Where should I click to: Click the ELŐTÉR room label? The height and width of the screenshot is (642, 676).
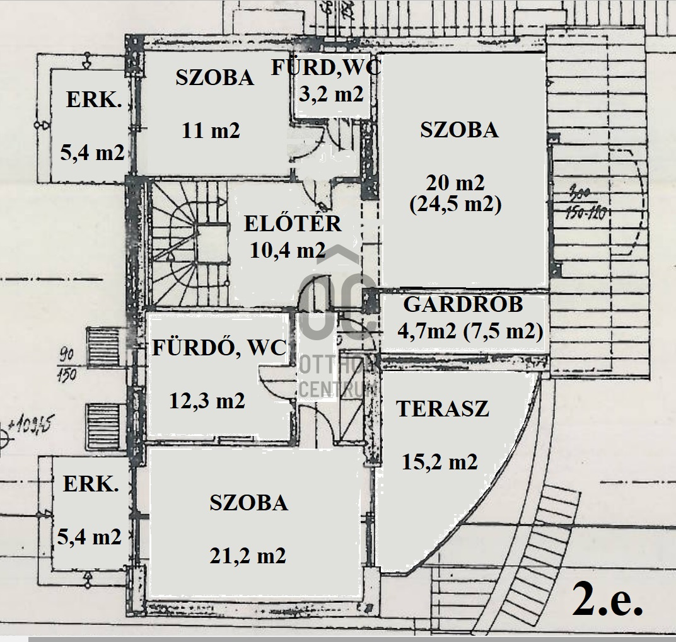(293, 224)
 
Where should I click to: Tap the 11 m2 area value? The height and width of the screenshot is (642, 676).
(211, 131)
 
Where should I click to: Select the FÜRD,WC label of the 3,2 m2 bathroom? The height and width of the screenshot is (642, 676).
(326, 67)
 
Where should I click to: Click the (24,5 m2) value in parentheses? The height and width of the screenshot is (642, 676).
(455, 205)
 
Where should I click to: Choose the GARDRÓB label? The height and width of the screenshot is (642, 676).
(463, 304)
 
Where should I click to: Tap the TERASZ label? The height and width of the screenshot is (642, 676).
(443, 409)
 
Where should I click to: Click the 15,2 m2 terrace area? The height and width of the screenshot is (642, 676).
(440, 462)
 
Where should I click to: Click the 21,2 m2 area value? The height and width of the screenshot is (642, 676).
(248, 555)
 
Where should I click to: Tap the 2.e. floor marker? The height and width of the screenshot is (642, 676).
(607, 601)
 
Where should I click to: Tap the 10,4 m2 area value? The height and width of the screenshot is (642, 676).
(287, 251)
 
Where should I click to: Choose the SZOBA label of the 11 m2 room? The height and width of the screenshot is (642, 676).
(215, 77)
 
